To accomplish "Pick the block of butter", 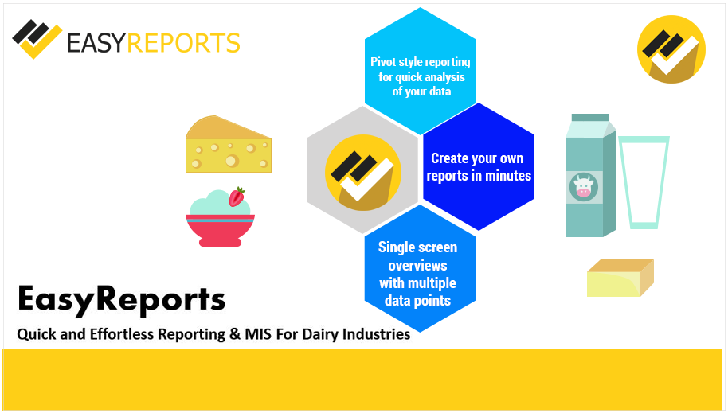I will (x=619, y=279).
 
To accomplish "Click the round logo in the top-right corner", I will (x=671, y=49).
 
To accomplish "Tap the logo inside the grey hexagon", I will (x=362, y=172).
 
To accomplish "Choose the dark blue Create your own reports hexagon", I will (x=478, y=167).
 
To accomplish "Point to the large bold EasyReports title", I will (x=121, y=299).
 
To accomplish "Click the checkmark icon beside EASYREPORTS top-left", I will (x=36, y=38).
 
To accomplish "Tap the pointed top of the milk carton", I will (x=589, y=119).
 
